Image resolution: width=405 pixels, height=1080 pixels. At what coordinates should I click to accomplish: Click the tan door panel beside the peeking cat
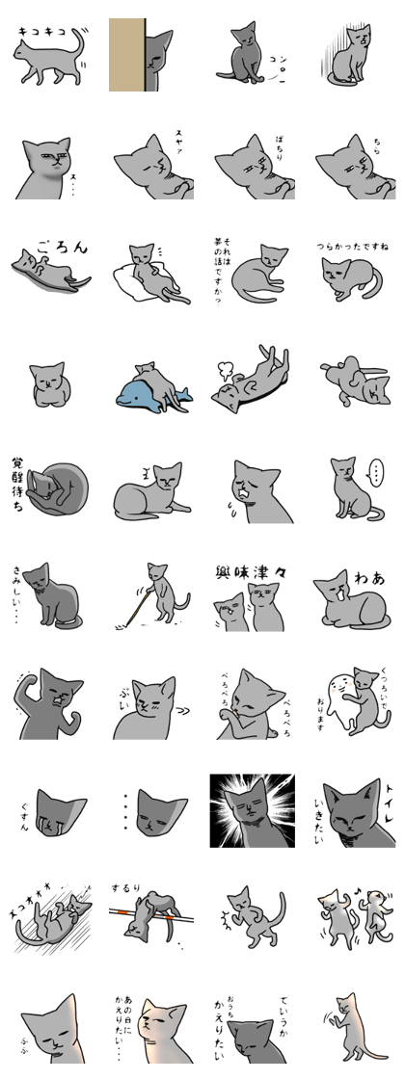pyautogui.click(x=125, y=55)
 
